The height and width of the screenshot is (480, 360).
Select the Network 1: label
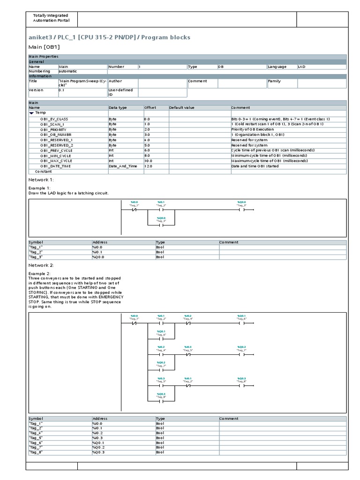pyautogui.click(x=41, y=180)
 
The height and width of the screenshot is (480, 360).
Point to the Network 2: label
pyautogui.click(x=41, y=265)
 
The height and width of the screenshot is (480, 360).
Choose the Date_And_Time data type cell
pyautogui.click(x=123, y=166)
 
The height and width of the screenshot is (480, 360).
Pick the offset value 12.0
pyautogui.click(x=149, y=166)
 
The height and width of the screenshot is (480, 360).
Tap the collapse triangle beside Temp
pyautogui.click(x=31, y=113)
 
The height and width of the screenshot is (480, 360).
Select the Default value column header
pyautogui.click(x=182, y=107)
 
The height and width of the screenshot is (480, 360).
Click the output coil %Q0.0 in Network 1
pyautogui.click(x=241, y=210)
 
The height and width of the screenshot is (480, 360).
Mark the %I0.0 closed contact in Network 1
pyautogui.click(x=134, y=210)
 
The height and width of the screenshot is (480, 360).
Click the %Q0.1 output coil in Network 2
pyautogui.click(x=241, y=323)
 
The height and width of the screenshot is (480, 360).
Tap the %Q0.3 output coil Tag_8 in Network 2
pyautogui.click(x=241, y=386)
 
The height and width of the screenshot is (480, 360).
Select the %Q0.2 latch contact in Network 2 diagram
pyautogui.click(x=161, y=370)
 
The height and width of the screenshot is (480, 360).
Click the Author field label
pyautogui.click(x=116, y=81)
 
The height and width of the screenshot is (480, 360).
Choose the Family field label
pyautogui.click(x=275, y=81)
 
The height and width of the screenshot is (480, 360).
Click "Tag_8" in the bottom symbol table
pyautogui.click(x=36, y=452)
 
